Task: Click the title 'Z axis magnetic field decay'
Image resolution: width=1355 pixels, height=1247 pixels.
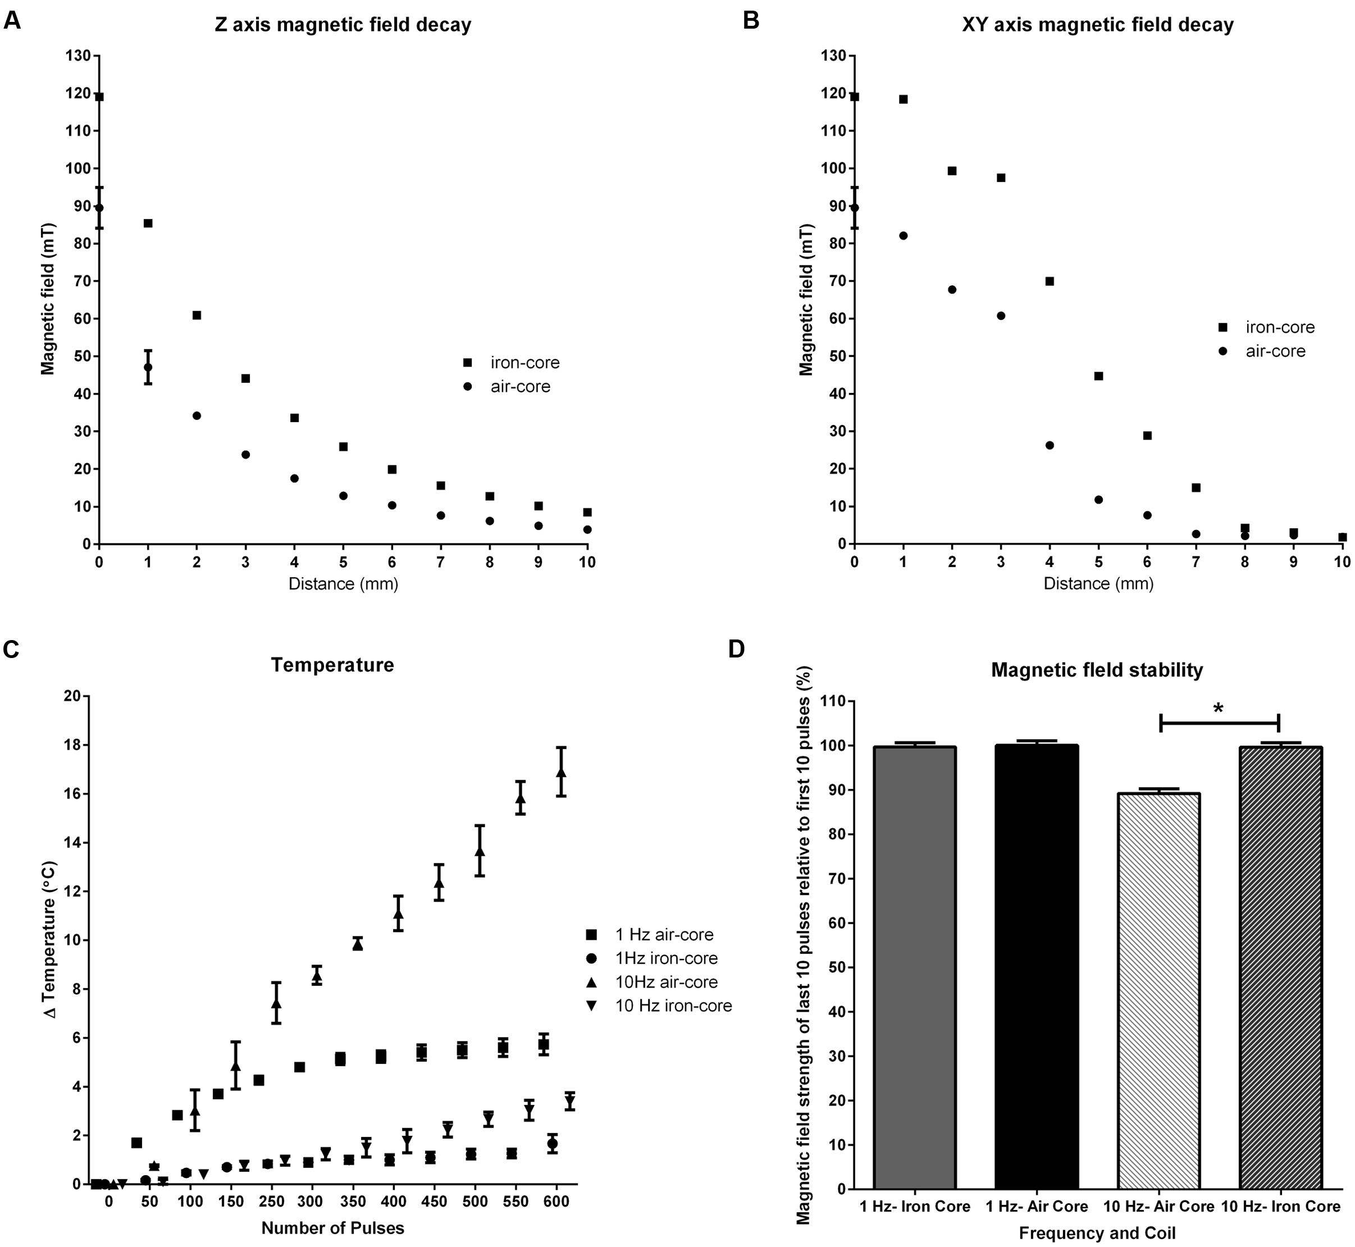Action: (x=343, y=25)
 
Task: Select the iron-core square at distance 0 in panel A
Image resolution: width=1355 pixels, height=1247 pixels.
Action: (x=99, y=97)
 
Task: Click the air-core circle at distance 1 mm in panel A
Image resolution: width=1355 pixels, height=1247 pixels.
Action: (x=148, y=367)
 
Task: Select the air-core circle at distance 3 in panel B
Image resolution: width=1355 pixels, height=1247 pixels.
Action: (x=1001, y=316)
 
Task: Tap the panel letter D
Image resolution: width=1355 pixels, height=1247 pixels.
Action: (x=736, y=648)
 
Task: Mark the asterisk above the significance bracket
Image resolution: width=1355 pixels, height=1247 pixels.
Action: (x=1218, y=709)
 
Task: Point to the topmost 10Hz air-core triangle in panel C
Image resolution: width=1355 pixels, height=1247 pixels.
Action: (x=561, y=772)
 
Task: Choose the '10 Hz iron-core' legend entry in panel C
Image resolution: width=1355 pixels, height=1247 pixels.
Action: (x=673, y=1006)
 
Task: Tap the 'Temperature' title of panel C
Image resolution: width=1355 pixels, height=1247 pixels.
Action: (x=332, y=665)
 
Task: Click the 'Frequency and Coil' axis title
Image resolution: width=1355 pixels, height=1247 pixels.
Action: (x=1097, y=1233)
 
